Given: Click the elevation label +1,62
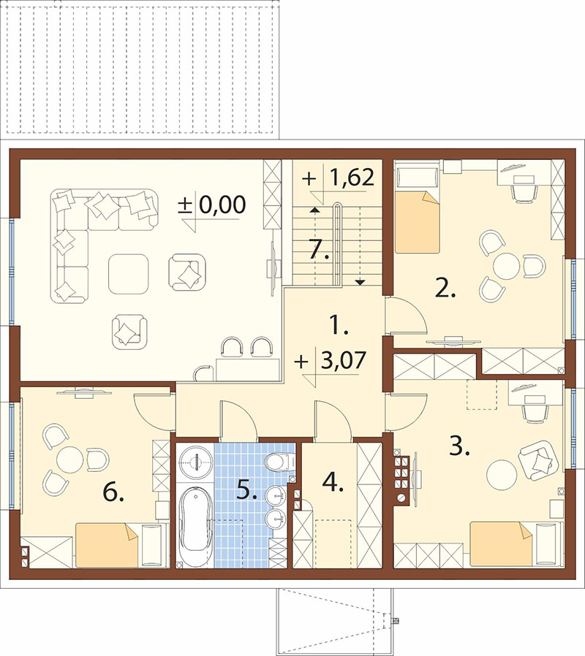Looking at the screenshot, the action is click(x=338, y=178).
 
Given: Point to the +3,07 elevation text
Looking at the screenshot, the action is click(x=331, y=360).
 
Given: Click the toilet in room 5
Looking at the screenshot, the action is click(x=280, y=462).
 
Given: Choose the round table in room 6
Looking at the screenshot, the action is click(x=70, y=459).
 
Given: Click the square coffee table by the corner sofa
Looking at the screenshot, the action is click(x=129, y=274).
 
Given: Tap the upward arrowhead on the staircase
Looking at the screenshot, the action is click(x=313, y=210).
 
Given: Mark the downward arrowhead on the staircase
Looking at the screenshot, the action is click(x=360, y=283).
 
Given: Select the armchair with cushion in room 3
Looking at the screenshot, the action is click(x=538, y=460).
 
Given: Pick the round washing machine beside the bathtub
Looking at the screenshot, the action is click(x=195, y=462).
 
